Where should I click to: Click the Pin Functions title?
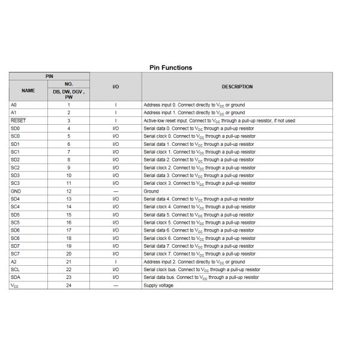[170, 68]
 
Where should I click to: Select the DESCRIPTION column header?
[237, 87]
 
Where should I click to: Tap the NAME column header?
[28, 91]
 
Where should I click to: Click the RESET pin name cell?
[19, 121]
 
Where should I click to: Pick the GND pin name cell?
[16, 191]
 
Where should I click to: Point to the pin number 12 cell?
[69, 191]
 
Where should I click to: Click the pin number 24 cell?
[69, 286]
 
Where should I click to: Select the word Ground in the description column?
[151, 191]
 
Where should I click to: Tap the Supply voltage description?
[158, 286]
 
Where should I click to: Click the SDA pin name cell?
[16, 278]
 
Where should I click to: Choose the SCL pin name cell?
[16, 270]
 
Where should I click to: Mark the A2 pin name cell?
[14, 262]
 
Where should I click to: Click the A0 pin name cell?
[14, 105]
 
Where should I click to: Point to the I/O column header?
[116, 87]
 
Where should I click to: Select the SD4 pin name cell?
[16, 199]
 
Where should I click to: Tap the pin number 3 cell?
[69, 121]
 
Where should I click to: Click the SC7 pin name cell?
[16, 254]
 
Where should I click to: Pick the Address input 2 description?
[194, 262]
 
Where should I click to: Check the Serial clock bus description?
[202, 270]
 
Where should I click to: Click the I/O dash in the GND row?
[116, 191]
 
